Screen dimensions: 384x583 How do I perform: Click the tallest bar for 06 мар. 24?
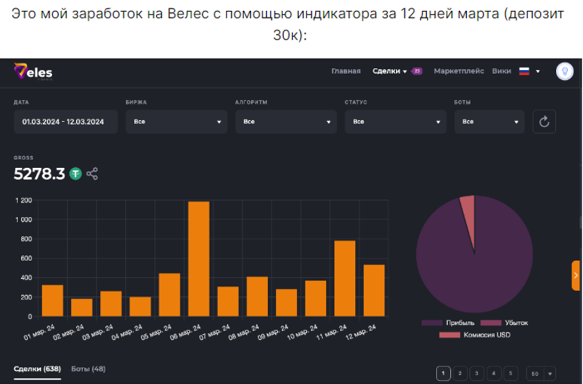click(x=198, y=258)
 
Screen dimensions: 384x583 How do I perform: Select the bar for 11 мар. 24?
click(x=344, y=278)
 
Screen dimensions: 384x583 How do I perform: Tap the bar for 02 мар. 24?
click(x=82, y=307)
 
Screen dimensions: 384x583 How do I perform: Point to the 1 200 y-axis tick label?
click(x=24, y=200)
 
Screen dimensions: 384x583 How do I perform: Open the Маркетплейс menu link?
click(x=459, y=71)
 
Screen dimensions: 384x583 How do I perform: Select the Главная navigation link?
click(x=346, y=71)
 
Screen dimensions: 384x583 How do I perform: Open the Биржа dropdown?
click(x=177, y=122)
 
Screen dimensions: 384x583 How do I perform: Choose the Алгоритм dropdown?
click(x=286, y=122)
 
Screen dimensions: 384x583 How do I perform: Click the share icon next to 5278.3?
click(x=92, y=174)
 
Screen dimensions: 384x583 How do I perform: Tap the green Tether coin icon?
click(x=76, y=174)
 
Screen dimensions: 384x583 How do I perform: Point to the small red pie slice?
click(x=468, y=206)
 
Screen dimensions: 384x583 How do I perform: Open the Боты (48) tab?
click(x=88, y=369)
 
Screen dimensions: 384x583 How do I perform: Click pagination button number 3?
click(x=477, y=373)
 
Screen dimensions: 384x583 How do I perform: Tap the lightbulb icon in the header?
click(x=564, y=72)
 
